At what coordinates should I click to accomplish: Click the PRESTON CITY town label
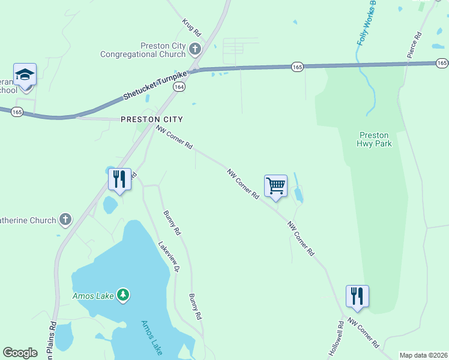click(x=151, y=119)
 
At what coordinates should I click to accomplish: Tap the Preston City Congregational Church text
click(x=143, y=50)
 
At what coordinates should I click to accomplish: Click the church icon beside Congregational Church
click(x=194, y=48)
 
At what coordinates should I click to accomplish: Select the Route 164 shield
click(x=179, y=87)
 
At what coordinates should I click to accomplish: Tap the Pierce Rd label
click(x=415, y=44)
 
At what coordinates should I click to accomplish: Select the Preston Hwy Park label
click(x=374, y=139)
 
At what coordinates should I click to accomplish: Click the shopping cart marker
click(x=276, y=186)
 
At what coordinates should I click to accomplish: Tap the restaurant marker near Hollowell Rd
click(x=357, y=296)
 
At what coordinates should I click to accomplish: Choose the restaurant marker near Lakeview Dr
click(x=119, y=179)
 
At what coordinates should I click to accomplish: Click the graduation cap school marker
click(x=25, y=75)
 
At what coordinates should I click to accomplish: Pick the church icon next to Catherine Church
click(x=65, y=220)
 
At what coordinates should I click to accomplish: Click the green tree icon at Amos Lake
click(x=123, y=295)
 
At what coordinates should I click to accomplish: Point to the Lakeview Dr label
click(x=169, y=257)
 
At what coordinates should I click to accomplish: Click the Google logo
click(x=20, y=353)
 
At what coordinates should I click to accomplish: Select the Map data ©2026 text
click(x=424, y=355)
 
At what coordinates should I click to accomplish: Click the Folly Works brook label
click(x=367, y=24)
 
